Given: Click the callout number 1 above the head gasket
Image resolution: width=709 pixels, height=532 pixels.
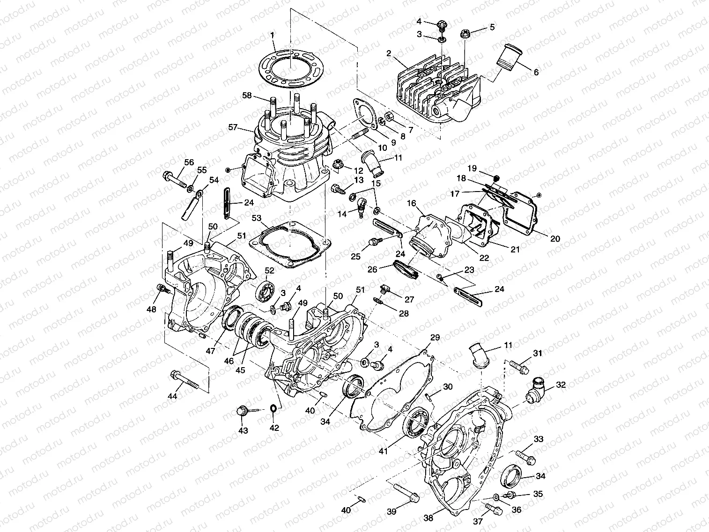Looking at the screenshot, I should click(x=273, y=35).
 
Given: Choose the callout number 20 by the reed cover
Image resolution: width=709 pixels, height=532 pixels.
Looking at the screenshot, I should click(x=555, y=238).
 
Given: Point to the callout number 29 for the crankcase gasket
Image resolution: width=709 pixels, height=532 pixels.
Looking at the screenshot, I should click(x=435, y=338).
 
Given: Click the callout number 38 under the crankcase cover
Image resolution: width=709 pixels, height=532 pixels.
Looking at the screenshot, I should click(x=428, y=518).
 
